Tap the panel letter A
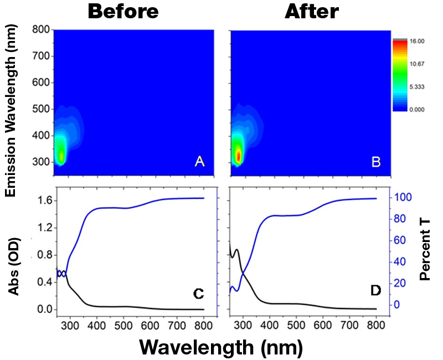pyautogui.click(x=200, y=161)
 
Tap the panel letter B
pyautogui.click(x=376, y=161)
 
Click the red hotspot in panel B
pyautogui.click(x=238, y=157)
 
